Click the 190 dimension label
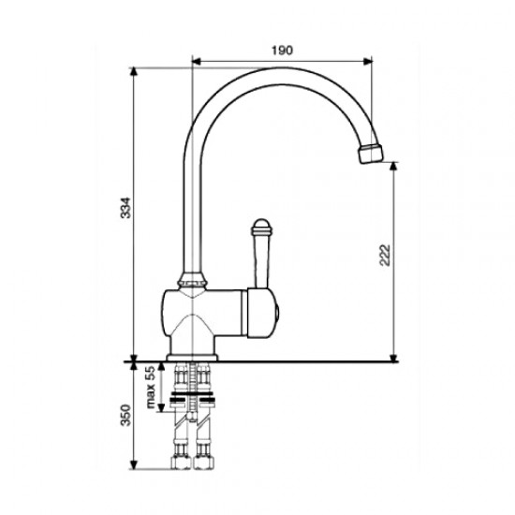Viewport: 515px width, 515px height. point(282,51)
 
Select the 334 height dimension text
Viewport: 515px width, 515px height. point(125,208)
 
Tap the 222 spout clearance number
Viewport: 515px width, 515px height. point(384,256)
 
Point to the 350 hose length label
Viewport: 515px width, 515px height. point(125,415)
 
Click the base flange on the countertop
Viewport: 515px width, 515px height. point(192,358)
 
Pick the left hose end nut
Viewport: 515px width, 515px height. point(181,462)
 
